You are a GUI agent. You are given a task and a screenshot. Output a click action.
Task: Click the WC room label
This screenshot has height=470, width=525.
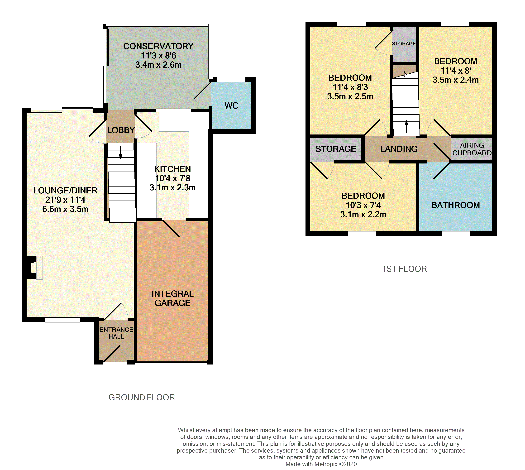(x=231, y=106)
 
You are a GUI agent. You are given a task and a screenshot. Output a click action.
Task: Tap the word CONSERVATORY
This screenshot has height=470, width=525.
(x=158, y=46)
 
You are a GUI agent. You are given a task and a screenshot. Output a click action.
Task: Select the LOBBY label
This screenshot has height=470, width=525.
(x=121, y=130)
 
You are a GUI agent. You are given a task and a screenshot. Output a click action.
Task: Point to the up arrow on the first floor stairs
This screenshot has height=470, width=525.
(x=406, y=127)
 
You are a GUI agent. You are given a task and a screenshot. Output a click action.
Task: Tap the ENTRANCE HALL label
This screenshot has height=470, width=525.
(x=116, y=333)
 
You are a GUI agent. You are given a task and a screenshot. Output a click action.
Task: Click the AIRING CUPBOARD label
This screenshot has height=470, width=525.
(x=472, y=149)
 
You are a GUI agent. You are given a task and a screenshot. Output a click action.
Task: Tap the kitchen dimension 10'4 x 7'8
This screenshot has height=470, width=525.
(x=172, y=178)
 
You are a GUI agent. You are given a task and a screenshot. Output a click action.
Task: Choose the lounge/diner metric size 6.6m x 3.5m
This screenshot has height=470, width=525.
(x=65, y=209)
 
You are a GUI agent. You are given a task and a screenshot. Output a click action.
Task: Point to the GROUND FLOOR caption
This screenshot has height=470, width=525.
(x=142, y=397)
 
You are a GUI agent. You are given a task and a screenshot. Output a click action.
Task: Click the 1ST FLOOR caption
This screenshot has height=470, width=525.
(x=404, y=269)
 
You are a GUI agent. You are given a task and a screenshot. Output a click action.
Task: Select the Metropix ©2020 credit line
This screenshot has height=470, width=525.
(x=321, y=464)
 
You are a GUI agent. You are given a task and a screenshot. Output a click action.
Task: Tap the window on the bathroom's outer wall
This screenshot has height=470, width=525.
(x=456, y=233)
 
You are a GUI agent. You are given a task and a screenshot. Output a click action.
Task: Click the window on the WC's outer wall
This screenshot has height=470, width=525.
(x=231, y=79)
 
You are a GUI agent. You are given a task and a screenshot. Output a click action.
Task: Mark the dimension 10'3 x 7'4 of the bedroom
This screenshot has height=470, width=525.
(x=363, y=205)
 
